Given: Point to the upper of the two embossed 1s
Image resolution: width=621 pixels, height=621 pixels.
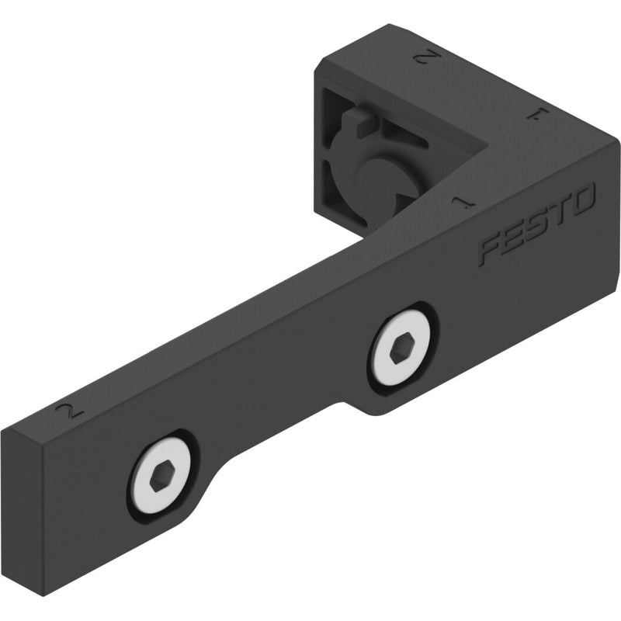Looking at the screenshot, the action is point(538,115).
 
